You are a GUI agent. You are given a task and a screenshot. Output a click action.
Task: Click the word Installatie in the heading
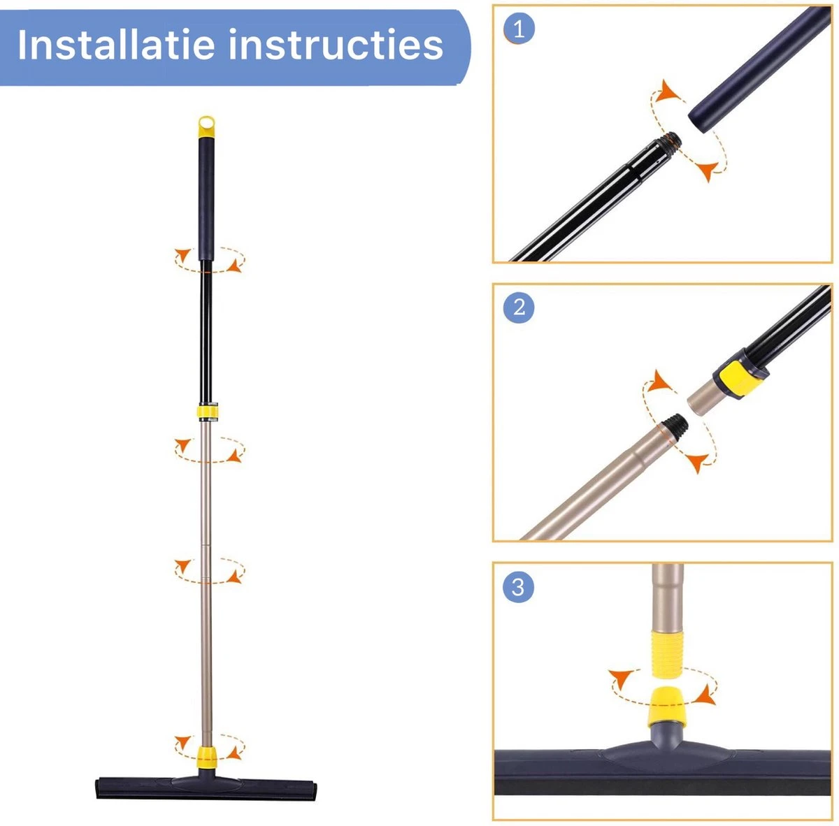(115, 45)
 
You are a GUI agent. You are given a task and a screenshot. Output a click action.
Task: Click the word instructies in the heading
(336, 45)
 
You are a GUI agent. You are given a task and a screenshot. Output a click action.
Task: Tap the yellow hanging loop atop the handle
(206, 126)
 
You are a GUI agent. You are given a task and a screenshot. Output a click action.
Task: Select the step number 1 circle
(518, 29)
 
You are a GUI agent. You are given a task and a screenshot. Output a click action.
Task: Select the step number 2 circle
(518, 307)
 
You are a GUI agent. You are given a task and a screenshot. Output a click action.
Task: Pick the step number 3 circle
(518, 586)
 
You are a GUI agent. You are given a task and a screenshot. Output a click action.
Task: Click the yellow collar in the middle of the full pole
(206, 412)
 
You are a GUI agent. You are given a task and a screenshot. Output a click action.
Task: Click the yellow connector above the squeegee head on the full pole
(206, 756)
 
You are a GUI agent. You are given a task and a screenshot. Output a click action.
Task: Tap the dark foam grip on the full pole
(206, 199)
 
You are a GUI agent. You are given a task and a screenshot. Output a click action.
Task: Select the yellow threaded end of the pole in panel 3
(666, 653)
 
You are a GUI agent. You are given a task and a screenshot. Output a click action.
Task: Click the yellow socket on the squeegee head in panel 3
(666, 705)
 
